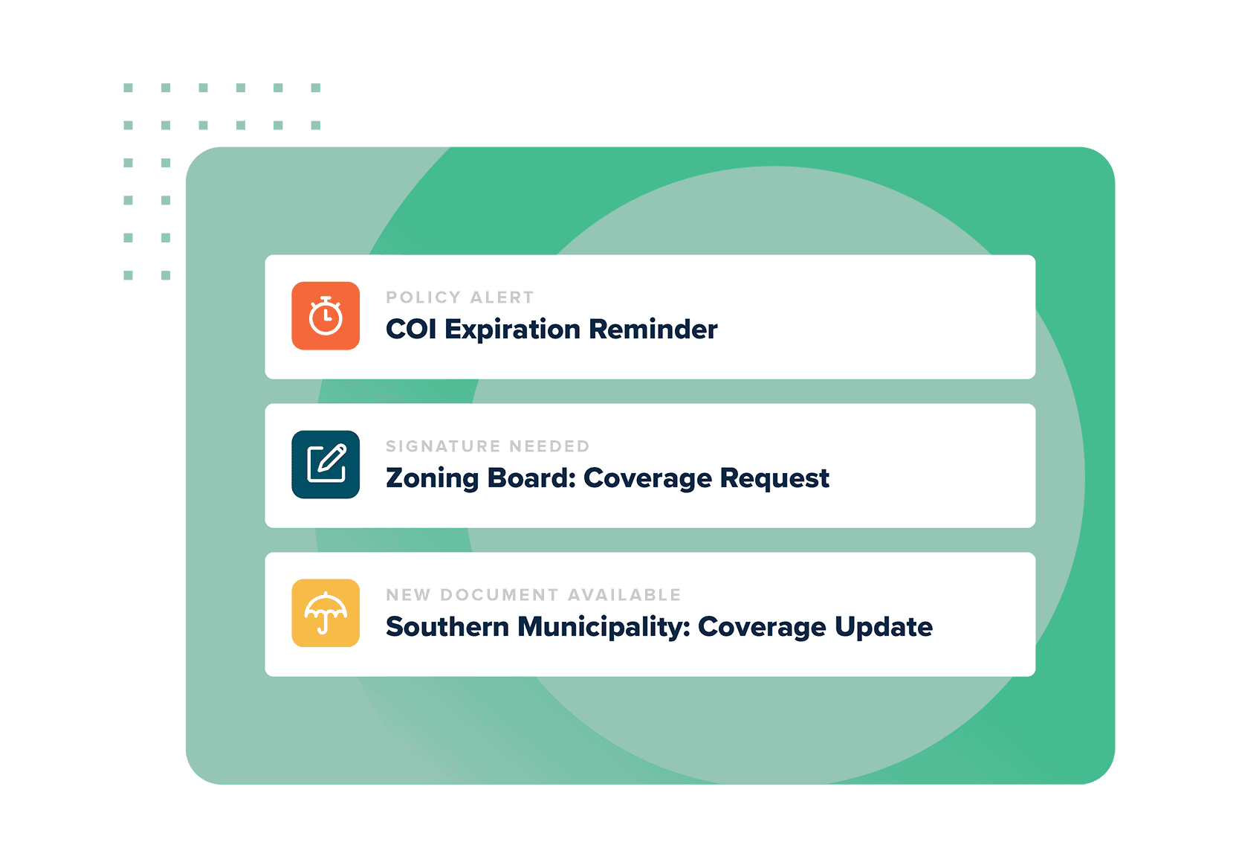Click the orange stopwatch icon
tap(326, 316)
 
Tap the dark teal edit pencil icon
tap(326, 465)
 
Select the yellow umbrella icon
tap(326, 614)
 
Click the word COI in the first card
tap(411, 329)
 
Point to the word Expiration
tap(512, 329)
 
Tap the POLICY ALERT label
tap(460, 298)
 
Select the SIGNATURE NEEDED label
tap(488, 446)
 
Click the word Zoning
tap(432, 478)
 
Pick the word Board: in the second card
tap(531, 478)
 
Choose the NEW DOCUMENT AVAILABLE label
tap(534, 595)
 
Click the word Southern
tap(447, 627)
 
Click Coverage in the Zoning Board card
tap(647, 478)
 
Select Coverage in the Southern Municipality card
tap(762, 627)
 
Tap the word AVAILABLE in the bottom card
tap(624, 595)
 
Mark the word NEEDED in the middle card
tap(549, 446)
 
